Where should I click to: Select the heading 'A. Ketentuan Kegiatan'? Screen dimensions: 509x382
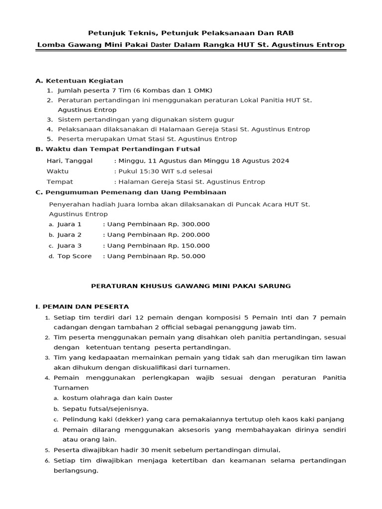79,81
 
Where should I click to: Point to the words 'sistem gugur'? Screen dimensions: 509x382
214,119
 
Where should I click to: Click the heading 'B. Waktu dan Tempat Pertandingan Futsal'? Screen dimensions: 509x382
118,149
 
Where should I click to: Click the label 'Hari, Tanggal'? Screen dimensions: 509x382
66,161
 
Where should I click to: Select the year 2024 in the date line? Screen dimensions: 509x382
280,161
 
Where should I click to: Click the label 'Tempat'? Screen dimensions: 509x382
60,182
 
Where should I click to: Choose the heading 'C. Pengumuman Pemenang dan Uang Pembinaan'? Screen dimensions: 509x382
131,192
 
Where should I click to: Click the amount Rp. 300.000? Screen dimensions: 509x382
189,224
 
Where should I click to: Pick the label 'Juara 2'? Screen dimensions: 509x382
69,235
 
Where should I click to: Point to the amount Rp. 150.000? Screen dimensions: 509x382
189,246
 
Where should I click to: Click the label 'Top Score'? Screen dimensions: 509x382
75,256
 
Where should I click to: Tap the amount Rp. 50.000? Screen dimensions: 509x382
187,256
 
